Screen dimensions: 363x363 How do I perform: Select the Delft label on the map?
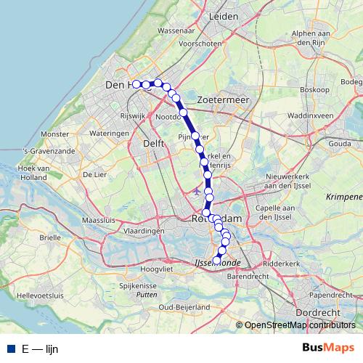[x=154, y=144]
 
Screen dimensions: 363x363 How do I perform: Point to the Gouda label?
[x=338, y=144]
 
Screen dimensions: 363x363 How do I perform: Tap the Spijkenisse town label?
[x=138, y=287]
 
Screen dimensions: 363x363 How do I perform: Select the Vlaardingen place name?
[x=144, y=230]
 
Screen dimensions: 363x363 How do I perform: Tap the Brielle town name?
[x=50, y=237]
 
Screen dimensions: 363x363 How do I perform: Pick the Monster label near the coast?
[x=55, y=134]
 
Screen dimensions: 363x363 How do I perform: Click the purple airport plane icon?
[x=197, y=191]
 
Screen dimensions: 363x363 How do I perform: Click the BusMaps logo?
[x=328, y=348]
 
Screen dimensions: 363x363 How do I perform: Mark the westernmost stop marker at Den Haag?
[x=136, y=84]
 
